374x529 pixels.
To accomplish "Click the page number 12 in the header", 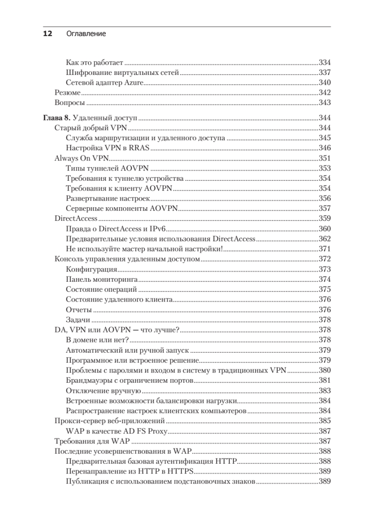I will [x=47, y=34].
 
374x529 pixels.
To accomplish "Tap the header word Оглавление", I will [x=86, y=34].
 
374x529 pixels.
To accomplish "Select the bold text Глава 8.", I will [x=56, y=118].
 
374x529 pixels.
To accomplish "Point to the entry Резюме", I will [x=67, y=93].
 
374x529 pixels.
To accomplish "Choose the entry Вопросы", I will [x=70, y=103].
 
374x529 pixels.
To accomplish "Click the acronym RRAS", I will [x=141, y=148].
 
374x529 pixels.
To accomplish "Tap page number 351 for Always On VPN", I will [x=324, y=158].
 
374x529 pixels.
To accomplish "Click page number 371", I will [x=324, y=249].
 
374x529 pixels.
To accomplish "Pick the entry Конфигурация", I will [x=91, y=269].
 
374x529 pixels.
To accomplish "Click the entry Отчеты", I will [x=79, y=309].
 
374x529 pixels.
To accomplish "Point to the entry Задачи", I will [x=78, y=320].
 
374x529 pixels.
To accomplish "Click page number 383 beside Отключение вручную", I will [x=324, y=390].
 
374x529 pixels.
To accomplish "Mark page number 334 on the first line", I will [x=324, y=62].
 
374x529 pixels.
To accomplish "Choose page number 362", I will [x=324, y=239].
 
